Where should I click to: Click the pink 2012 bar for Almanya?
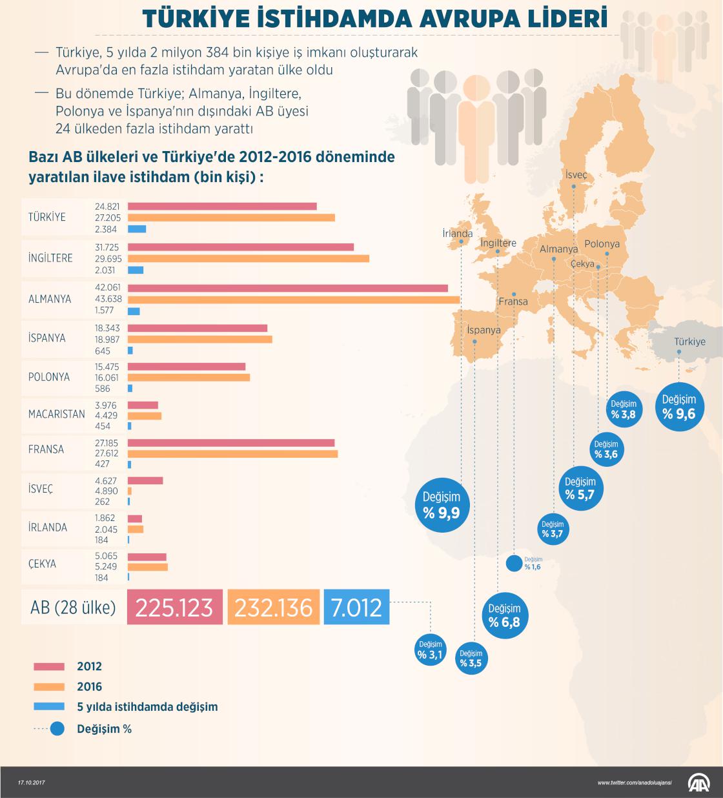click(288, 288)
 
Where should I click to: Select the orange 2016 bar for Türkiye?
click(231, 218)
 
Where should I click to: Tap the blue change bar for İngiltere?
click(136, 270)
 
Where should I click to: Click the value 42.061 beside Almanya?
click(107, 288)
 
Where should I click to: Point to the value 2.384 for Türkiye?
click(106, 229)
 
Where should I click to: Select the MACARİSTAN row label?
click(56, 414)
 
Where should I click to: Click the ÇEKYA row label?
click(42, 564)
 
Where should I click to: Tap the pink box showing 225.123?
click(174, 607)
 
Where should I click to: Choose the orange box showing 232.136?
click(273, 607)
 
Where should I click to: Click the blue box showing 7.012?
click(356, 607)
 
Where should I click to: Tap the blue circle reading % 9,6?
click(678, 407)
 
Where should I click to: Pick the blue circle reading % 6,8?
click(504, 615)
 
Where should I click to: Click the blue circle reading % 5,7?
click(580, 488)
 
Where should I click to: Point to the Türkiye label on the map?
click(689, 342)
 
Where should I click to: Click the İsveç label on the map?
click(576, 175)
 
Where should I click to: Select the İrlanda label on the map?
click(457, 234)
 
